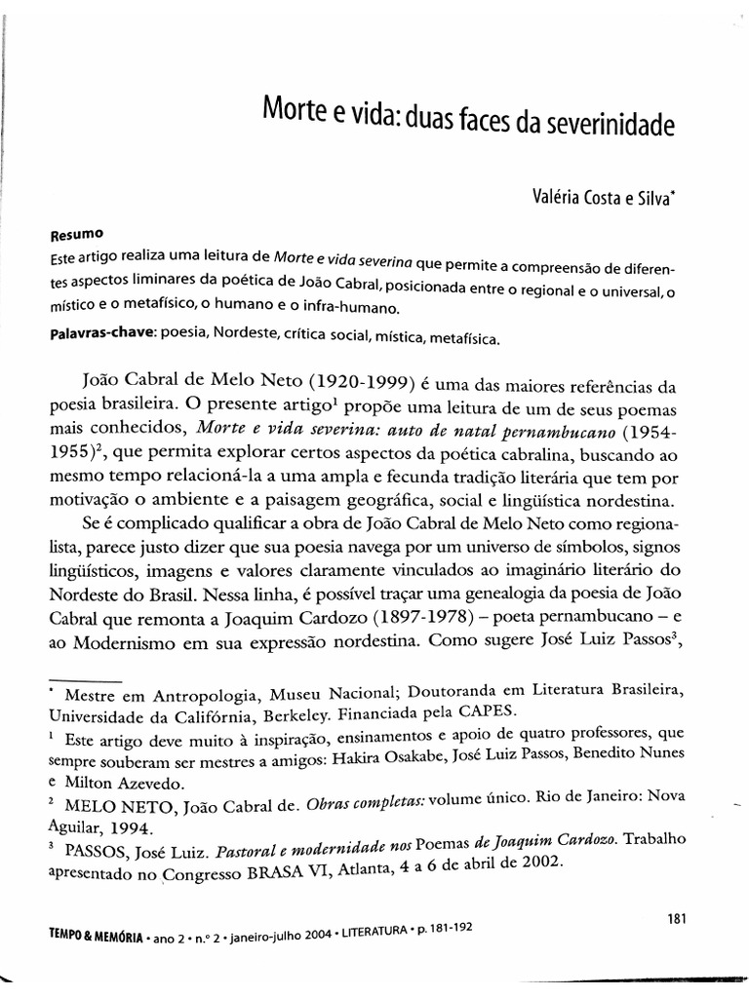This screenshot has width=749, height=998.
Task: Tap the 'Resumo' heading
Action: [73, 235]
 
